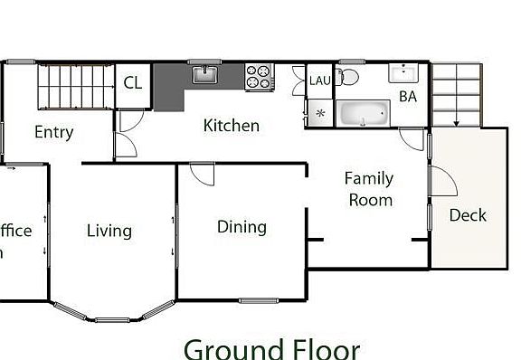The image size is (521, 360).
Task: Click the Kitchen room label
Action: (x=231, y=126)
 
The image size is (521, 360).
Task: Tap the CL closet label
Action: (x=133, y=83)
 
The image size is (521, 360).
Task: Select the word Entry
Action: (x=53, y=132)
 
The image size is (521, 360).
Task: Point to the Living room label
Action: (x=109, y=231)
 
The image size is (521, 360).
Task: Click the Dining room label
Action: (x=242, y=226)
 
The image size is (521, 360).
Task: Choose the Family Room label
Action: (x=369, y=189)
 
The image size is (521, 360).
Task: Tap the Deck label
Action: (x=468, y=215)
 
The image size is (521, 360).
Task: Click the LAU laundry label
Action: (x=320, y=81)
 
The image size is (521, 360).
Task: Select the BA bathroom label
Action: (x=407, y=95)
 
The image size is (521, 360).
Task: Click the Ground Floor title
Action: (x=271, y=348)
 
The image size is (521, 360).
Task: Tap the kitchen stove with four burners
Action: (x=259, y=76)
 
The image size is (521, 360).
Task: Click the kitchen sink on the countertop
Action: (x=205, y=72)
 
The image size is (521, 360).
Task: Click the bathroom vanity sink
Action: (x=403, y=72)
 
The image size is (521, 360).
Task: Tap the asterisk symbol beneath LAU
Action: (x=320, y=113)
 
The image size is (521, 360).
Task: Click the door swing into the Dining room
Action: (x=201, y=173)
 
